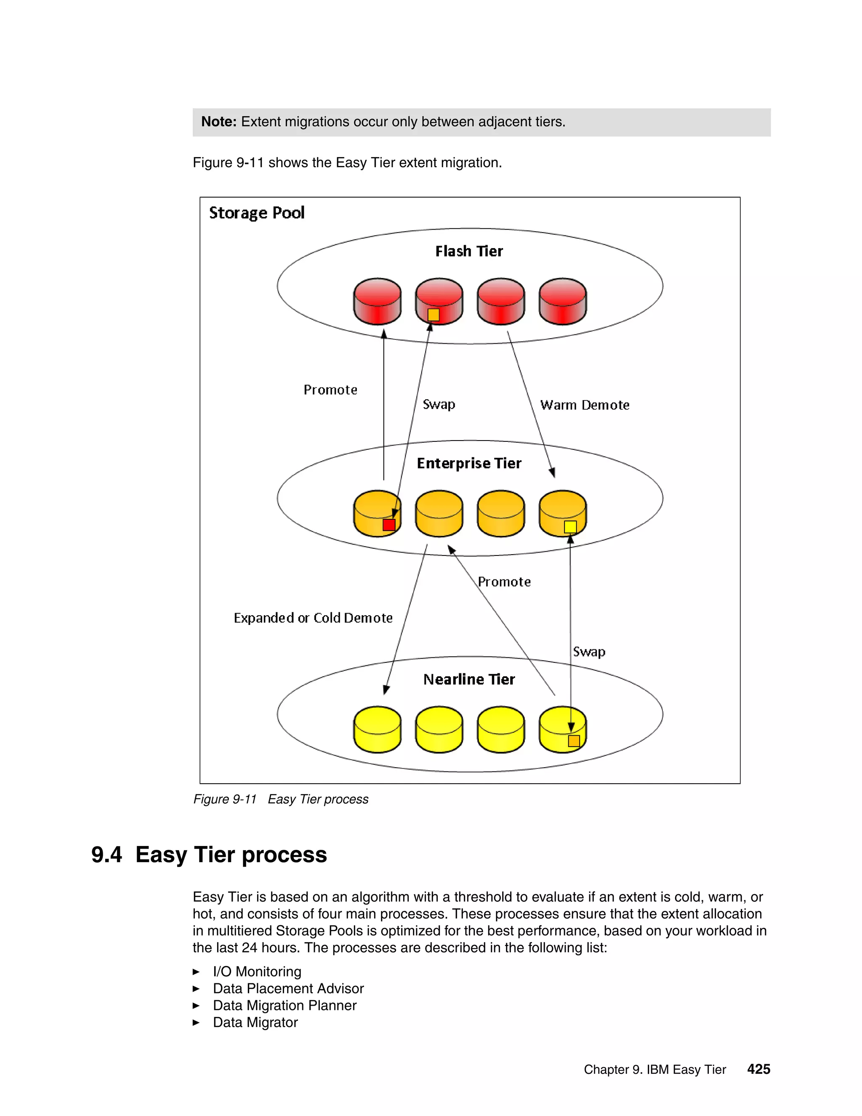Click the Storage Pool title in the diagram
pyautogui.click(x=256, y=213)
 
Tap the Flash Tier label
pyautogui.click(x=469, y=251)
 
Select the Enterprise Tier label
pyautogui.click(x=469, y=464)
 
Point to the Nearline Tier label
pyautogui.click(x=469, y=679)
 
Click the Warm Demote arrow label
pyautogui.click(x=585, y=405)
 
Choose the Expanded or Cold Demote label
pyautogui.click(x=313, y=618)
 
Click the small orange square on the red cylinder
pyautogui.click(x=434, y=315)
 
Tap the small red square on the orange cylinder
pyautogui.click(x=388, y=525)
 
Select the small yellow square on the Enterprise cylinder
pyautogui.click(x=570, y=527)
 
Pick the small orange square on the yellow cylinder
pyautogui.click(x=574, y=741)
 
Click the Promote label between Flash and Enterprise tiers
pyautogui.click(x=330, y=390)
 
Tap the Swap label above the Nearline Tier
pyautogui.click(x=589, y=652)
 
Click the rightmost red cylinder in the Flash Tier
pyautogui.click(x=563, y=302)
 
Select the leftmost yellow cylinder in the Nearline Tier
pyautogui.click(x=378, y=730)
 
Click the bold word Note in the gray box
pyautogui.click(x=218, y=122)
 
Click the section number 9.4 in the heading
pyautogui.click(x=107, y=855)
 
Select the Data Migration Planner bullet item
pyautogui.click(x=285, y=1005)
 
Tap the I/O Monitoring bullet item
pyautogui.click(x=257, y=972)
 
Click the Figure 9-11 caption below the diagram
pyautogui.click(x=280, y=799)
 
